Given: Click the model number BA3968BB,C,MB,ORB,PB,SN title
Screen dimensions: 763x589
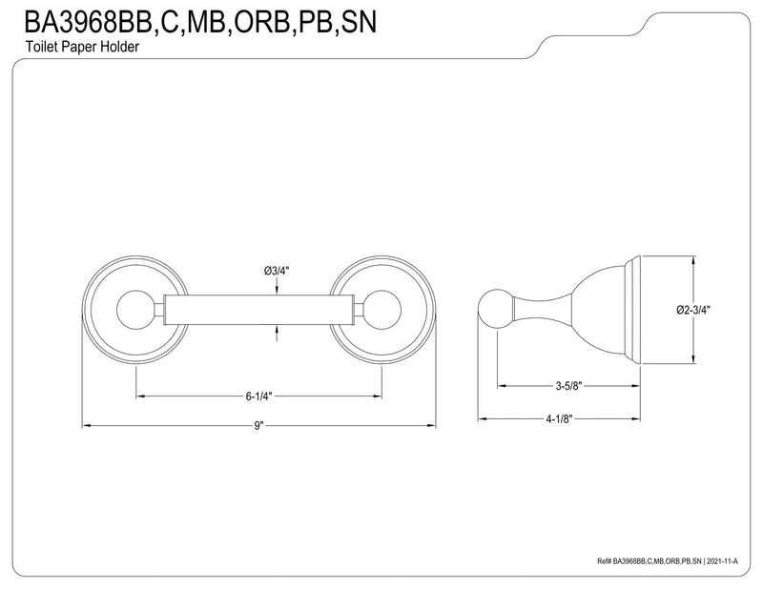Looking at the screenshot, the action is (x=200, y=21).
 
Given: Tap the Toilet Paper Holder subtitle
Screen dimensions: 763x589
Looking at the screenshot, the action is (x=82, y=47).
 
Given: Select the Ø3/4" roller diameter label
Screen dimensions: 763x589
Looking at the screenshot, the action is (x=277, y=271).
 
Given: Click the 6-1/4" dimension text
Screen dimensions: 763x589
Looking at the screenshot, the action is (x=258, y=396).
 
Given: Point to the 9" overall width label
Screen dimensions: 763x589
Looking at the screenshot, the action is (x=258, y=426).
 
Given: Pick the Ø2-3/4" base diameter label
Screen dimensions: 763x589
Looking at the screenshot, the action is (x=693, y=310).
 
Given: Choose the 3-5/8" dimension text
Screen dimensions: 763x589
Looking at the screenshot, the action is (x=568, y=386).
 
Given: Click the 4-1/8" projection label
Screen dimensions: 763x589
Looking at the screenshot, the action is (x=559, y=418).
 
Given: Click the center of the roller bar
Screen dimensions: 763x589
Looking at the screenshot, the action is (x=258, y=310).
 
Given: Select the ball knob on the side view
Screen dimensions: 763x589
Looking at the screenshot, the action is (x=495, y=310).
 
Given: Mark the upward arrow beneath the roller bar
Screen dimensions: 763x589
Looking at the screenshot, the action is (x=277, y=333).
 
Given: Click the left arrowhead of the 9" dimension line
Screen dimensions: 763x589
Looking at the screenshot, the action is (x=86, y=426).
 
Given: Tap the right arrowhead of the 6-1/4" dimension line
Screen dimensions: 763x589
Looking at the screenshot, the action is (x=378, y=396).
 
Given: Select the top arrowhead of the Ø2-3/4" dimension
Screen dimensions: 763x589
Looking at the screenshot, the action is (x=693, y=261).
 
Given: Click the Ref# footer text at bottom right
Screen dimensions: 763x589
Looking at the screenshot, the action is (x=668, y=561).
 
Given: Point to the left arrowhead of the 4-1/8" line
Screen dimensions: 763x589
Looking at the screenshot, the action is (x=483, y=418).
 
